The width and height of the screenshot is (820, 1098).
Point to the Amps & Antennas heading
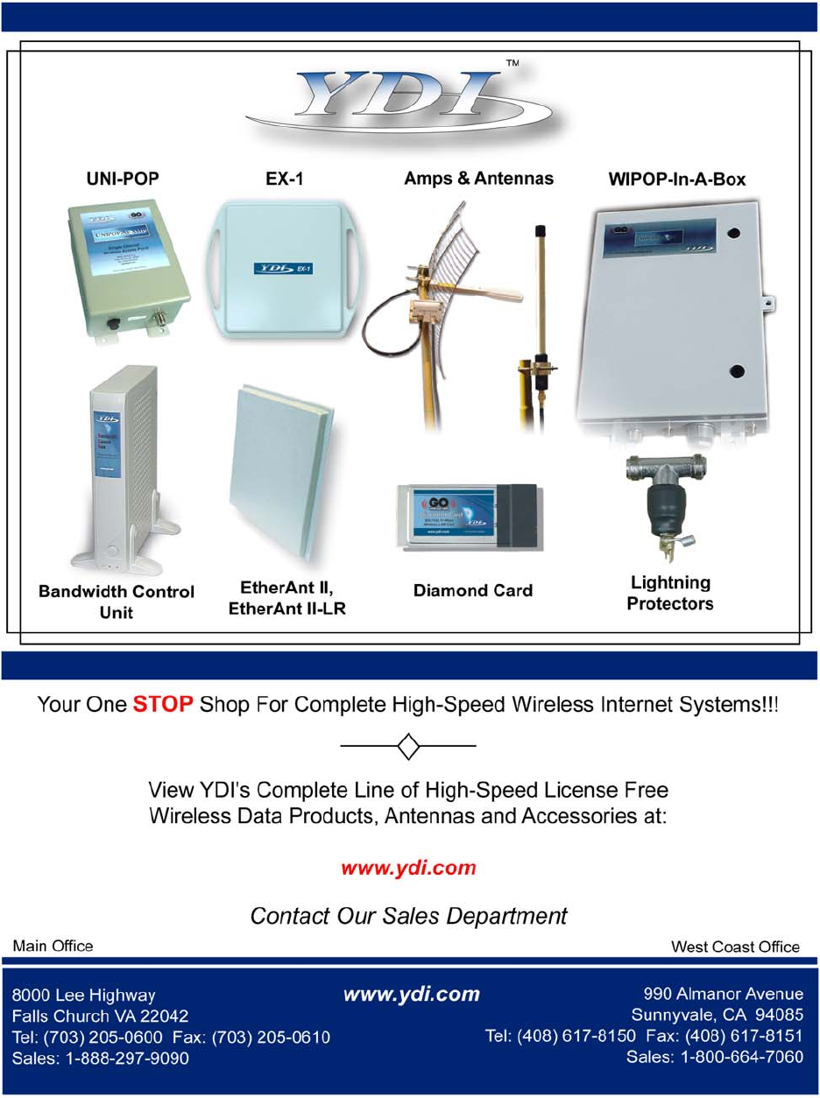(478, 179)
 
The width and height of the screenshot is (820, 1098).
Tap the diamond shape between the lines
(408, 746)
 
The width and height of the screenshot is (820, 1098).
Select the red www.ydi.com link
(409, 869)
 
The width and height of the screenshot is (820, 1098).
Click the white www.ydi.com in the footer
(412, 995)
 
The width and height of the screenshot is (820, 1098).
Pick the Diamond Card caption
(472, 591)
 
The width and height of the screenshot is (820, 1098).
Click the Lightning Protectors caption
(670, 593)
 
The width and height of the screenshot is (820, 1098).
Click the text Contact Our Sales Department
(408, 916)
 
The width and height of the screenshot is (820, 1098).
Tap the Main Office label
(52, 946)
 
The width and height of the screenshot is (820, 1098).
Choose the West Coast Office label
(735, 947)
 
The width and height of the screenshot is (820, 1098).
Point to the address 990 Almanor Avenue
(723, 995)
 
